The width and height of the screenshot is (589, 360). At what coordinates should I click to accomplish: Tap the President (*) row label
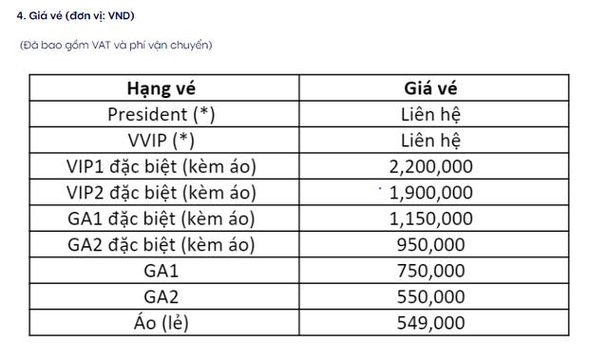coord(161,115)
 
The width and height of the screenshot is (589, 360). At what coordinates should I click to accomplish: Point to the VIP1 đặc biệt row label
coord(161,167)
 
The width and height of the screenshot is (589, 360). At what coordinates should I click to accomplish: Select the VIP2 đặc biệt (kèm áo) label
coord(161,193)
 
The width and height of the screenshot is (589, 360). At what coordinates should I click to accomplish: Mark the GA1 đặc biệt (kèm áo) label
coord(161,218)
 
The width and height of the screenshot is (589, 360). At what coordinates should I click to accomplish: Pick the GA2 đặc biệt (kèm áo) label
coord(161,244)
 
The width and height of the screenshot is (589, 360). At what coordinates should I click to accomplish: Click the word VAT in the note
coord(98,45)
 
